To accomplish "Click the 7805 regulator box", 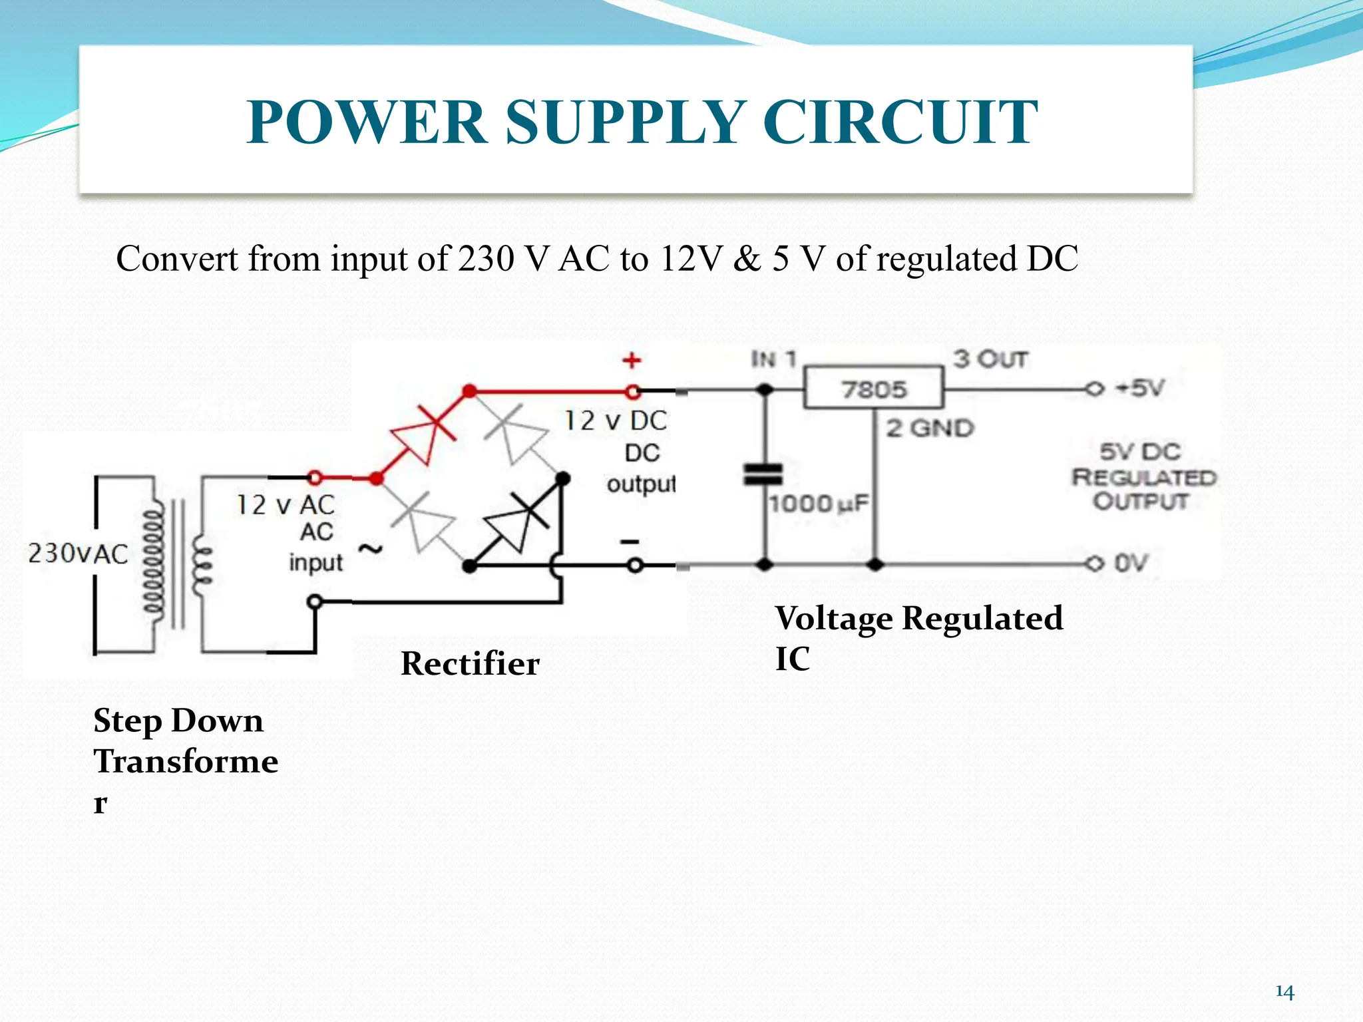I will tap(873, 388).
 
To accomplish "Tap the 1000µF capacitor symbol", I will tap(763, 474).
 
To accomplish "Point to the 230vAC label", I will tap(78, 554).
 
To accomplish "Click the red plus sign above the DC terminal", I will tap(632, 361).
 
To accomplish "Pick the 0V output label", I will tap(1131, 564).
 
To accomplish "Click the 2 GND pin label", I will tap(930, 428).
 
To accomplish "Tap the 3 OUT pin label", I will tap(990, 359).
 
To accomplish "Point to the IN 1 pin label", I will tap(773, 359).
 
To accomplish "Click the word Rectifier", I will tap(470, 663).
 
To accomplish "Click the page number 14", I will tap(1284, 992).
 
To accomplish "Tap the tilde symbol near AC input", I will tap(371, 548).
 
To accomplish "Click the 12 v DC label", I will tap(616, 421).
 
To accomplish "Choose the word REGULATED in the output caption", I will tap(1143, 477).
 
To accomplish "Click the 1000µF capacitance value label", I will tap(819, 504).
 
